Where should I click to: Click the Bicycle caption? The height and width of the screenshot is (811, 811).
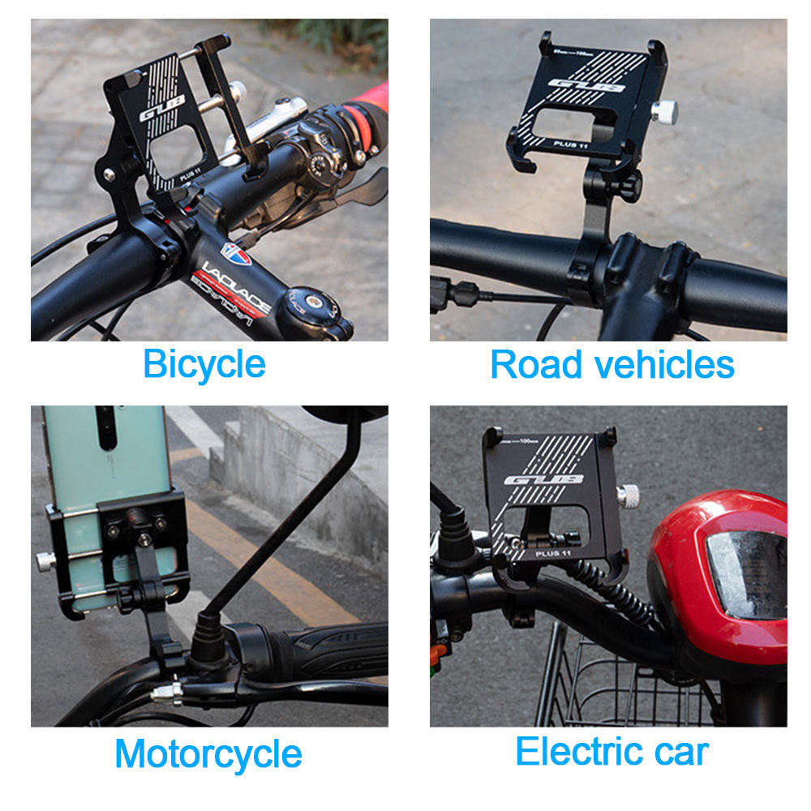coord(204,365)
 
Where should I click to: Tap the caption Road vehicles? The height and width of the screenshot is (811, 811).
coord(612,365)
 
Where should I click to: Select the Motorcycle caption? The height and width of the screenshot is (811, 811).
coord(208,754)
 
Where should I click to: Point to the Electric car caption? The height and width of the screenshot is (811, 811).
coord(611,752)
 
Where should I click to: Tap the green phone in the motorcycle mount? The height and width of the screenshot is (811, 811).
coord(105,470)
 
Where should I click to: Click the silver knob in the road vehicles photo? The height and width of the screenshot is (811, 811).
coord(664,112)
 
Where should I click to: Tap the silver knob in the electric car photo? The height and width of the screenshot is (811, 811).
coord(627,495)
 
